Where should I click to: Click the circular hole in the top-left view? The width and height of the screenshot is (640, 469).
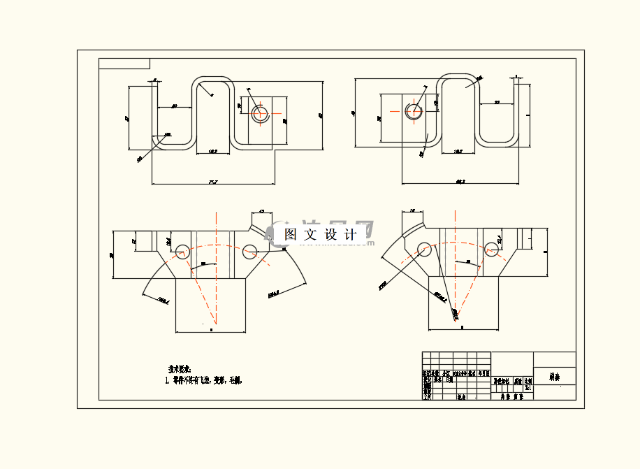[260, 112]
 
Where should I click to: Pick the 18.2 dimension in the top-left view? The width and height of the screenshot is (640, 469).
[212, 151]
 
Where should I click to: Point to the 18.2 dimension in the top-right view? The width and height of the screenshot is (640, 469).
[458, 151]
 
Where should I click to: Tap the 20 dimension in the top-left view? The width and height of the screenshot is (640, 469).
[174, 106]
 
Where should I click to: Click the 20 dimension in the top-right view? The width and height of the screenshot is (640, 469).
[497, 103]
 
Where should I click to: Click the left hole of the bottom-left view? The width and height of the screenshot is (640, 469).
[183, 250]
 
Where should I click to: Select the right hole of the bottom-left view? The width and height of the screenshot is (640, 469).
[250, 250]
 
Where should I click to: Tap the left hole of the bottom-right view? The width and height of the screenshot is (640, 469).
[423, 249]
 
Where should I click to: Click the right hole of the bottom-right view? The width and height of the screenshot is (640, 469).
[490, 249]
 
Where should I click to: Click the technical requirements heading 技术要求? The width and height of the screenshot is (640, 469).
[180, 368]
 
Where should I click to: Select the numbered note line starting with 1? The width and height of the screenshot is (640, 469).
[203, 381]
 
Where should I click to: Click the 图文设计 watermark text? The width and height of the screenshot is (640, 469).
[321, 235]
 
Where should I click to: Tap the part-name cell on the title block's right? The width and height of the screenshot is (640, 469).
[555, 377]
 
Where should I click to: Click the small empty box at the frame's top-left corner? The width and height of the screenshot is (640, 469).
[124, 64]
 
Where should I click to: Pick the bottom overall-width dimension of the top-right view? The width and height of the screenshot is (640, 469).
[460, 182]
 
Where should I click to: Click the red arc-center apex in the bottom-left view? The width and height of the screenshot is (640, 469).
[215, 325]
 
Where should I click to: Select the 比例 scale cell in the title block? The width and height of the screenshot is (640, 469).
[528, 382]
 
